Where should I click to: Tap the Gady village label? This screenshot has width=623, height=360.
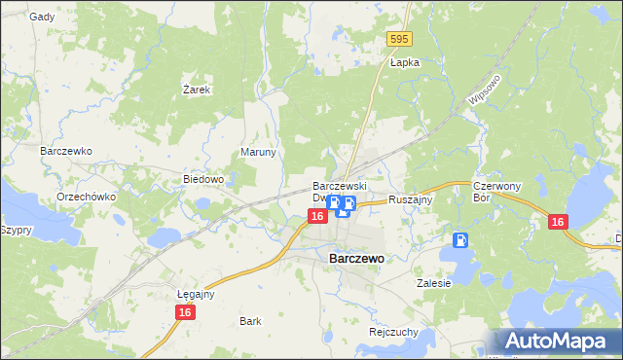(x=42, y=17)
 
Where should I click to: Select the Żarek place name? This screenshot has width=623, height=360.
(x=197, y=89)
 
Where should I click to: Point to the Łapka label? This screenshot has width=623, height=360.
(x=404, y=61)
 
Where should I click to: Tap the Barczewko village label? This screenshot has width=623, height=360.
(x=65, y=152)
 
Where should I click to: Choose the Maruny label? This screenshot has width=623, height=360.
(x=259, y=153)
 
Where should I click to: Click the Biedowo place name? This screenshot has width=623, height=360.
(x=204, y=180)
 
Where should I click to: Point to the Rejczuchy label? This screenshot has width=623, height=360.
(x=393, y=331)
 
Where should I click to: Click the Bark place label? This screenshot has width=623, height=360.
(x=250, y=320)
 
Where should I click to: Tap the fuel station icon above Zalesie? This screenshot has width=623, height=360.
(x=460, y=240)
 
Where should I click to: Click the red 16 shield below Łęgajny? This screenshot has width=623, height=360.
(x=185, y=312)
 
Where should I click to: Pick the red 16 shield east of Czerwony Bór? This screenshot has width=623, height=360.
(x=557, y=222)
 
